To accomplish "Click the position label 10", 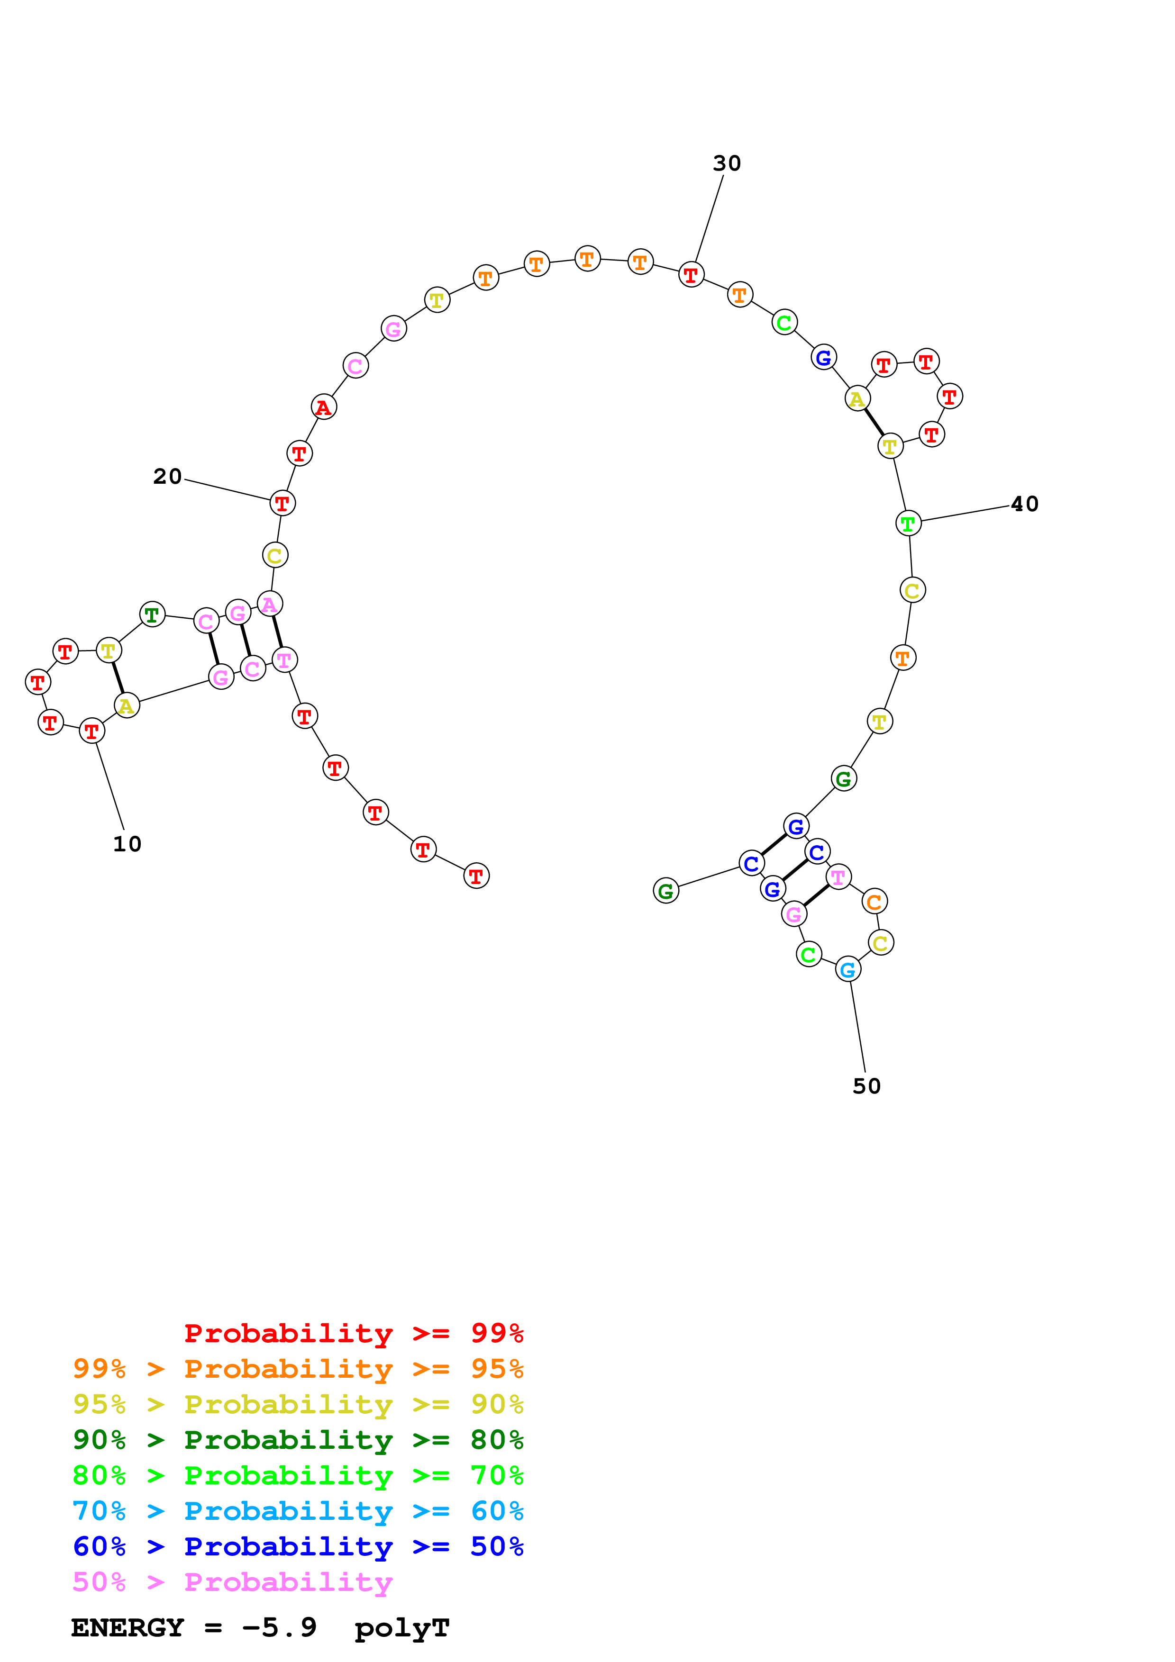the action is coord(128,844).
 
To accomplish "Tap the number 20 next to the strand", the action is coord(167,476).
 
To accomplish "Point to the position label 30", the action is coord(727,163).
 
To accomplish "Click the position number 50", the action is coord(866,1086).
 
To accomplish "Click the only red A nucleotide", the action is coord(324,407).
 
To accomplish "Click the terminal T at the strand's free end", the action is coord(476,876).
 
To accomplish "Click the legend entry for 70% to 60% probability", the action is coord(298,1511).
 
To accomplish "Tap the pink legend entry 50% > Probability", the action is coord(232,1582).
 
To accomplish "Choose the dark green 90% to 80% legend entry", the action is coord(298,1440).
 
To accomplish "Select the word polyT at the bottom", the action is coord(402,1628).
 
